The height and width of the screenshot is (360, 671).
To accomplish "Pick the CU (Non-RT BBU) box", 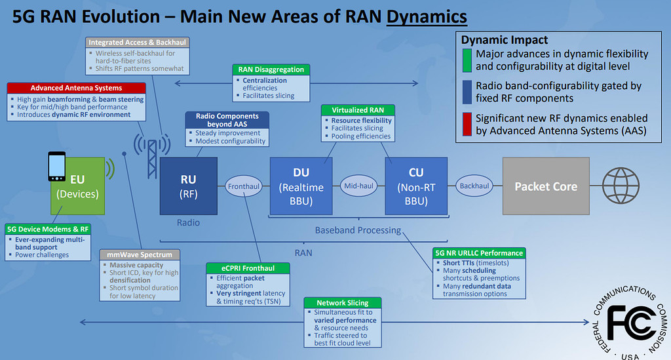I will (415, 186).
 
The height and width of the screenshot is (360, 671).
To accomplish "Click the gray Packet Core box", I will (545, 186).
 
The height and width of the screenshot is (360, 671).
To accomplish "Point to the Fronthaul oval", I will (244, 186).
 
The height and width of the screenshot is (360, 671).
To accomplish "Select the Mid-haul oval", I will (358, 186).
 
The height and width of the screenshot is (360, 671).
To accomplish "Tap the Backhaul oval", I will (474, 186).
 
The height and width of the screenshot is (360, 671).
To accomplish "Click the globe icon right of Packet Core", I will (621, 186).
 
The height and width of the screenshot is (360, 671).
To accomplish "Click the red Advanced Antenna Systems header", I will (76, 88).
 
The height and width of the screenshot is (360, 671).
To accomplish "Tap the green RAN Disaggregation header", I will (271, 70).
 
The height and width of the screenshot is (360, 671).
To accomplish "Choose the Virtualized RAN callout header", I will (358, 110).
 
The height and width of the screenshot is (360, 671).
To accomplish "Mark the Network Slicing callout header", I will (342, 303).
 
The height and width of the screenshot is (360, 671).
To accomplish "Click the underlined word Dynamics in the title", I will (427, 16).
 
